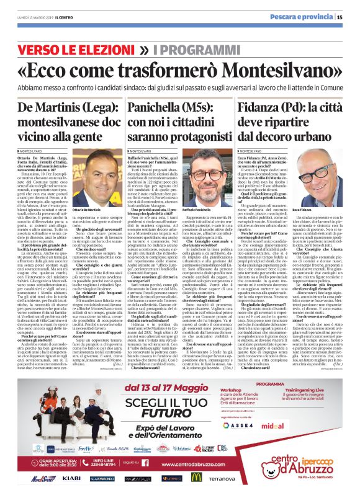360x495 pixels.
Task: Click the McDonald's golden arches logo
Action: pos(196,477)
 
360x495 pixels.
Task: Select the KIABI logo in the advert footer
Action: pos(71,478)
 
